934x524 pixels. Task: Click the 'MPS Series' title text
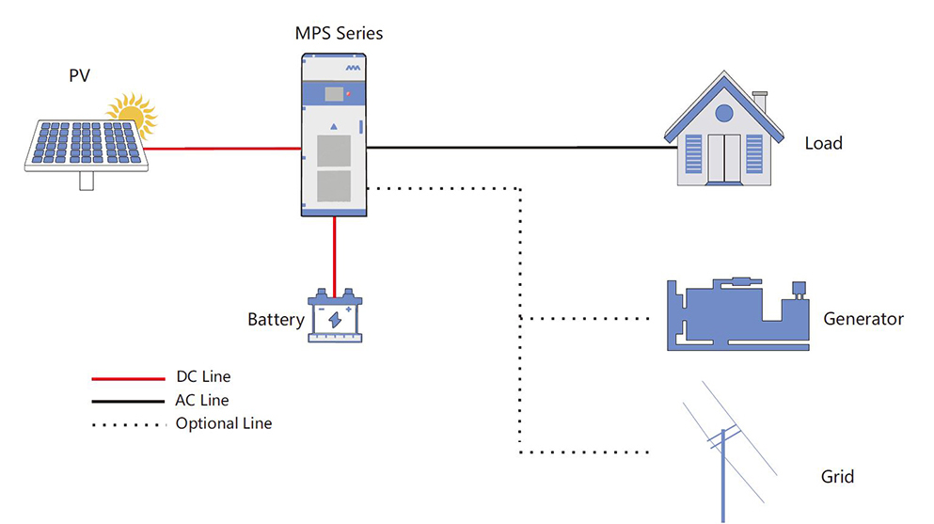(339, 34)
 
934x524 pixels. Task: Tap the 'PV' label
(79, 76)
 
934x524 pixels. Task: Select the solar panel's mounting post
(87, 182)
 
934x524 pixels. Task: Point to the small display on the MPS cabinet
(332, 94)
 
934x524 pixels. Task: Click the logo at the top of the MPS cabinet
(353, 68)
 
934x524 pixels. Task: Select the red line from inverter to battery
(334, 251)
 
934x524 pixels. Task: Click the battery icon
(335, 316)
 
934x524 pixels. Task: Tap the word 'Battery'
(276, 320)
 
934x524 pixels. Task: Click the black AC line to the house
(517, 148)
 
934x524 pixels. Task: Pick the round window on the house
(724, 113)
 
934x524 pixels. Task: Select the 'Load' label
(823, 144)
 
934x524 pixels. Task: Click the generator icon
(737, 315)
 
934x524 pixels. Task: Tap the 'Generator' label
(863, 319)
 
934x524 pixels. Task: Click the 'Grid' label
(837, 477)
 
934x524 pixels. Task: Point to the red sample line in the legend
(127, 378)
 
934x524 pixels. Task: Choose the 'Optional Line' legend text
(224, 423)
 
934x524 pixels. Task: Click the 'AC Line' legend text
(202, 400)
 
